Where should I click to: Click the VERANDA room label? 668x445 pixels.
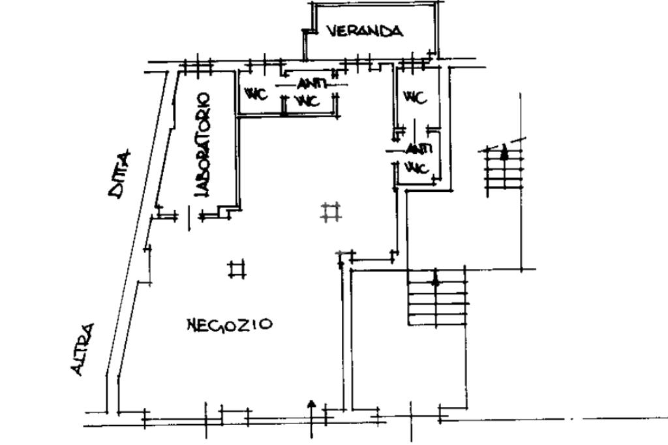click(364, 31)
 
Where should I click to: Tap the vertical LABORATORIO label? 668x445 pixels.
click(204, 144)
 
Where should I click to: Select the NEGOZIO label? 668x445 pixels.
click(229, 324)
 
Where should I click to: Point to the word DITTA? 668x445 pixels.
click(120, 174)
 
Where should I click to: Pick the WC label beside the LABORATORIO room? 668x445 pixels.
click(256, 95)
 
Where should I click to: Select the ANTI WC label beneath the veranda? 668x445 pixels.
click(307, 93)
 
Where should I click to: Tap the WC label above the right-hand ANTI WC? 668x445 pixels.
click(415, 98)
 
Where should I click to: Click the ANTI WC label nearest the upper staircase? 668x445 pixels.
click(416, 159)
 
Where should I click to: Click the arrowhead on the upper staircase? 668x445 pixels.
click(504, 154)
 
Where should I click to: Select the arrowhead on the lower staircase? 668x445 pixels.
click(436, 281)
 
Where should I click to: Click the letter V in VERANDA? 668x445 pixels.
click(332, 31)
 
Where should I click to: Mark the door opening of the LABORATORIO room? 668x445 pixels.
click(189, 216)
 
